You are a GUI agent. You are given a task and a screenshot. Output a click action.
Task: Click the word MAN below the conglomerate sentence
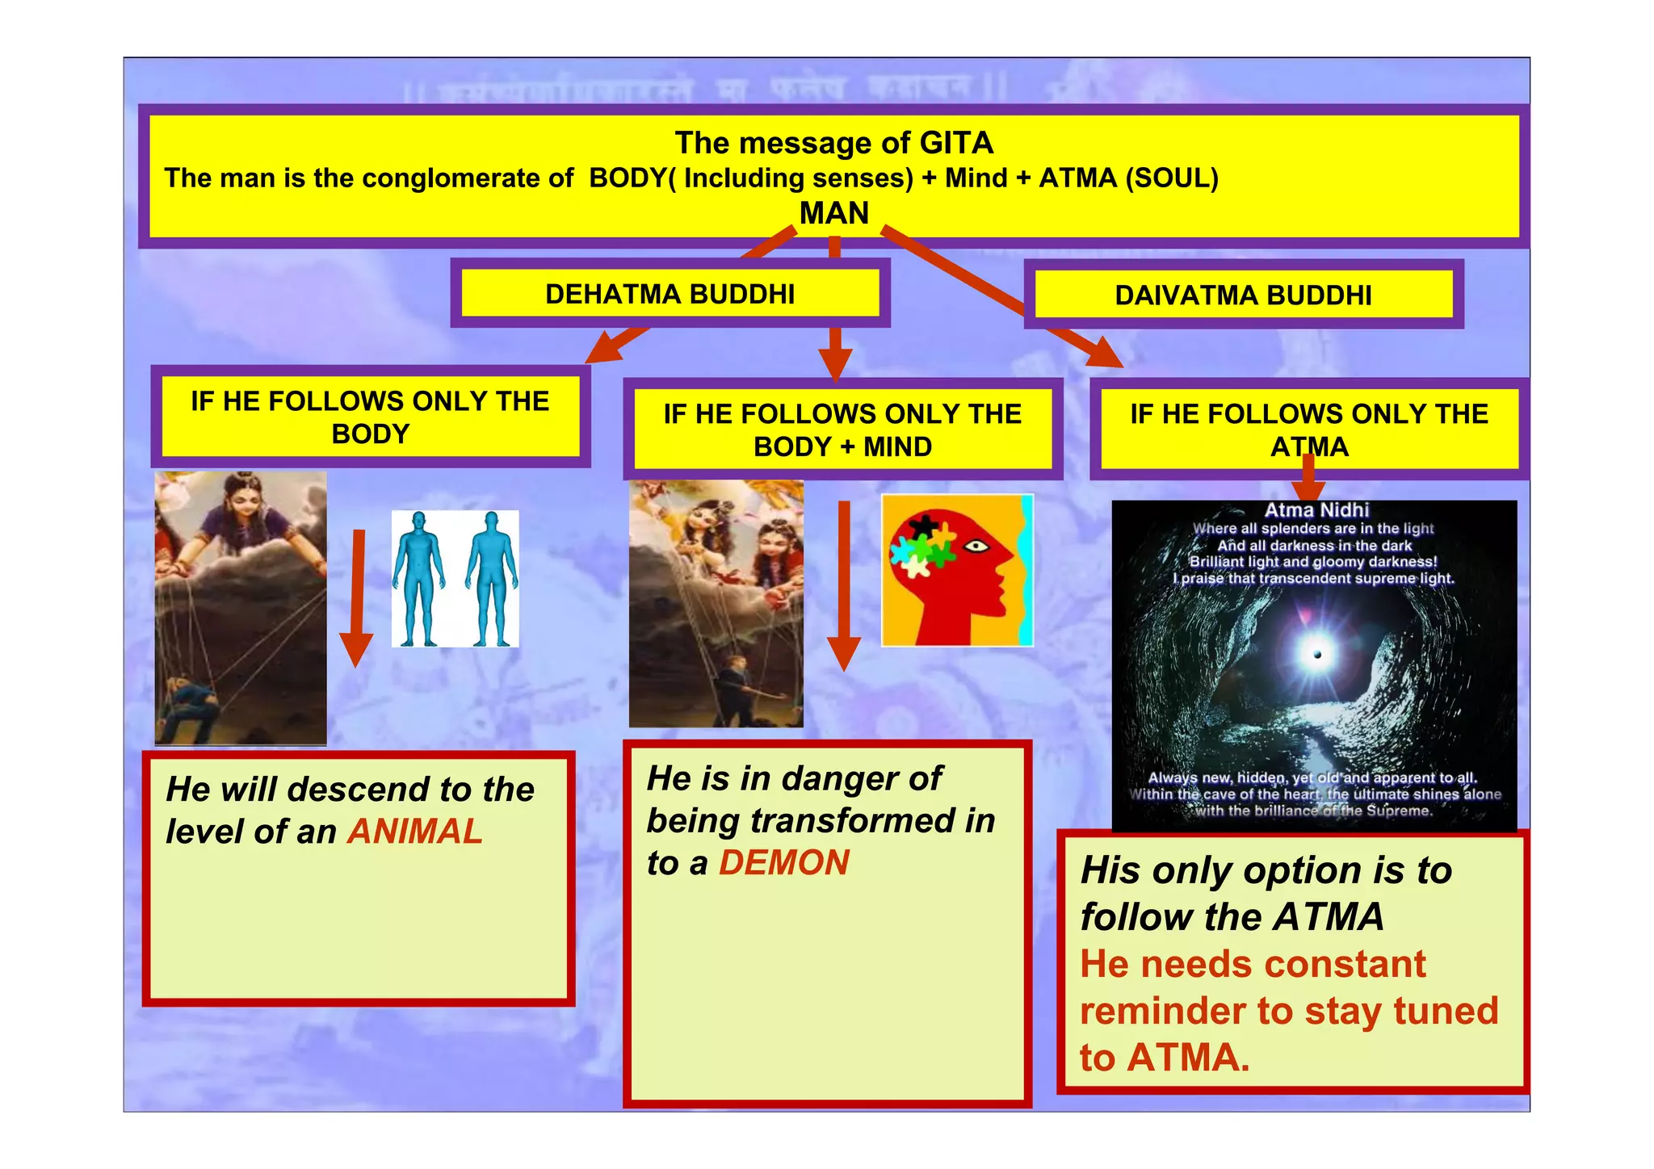click(x=833, y=213)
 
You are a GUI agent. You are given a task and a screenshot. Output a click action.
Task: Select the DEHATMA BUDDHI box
click(x=670, y=294)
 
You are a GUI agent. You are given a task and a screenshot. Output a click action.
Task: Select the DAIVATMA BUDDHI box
click(x=1243, y=295)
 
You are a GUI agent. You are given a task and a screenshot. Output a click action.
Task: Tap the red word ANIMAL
click(x=415, y=832)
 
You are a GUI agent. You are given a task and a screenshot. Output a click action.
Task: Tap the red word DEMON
click(x=783, y=863)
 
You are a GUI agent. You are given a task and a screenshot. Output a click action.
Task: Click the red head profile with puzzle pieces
click(x=957, y=570)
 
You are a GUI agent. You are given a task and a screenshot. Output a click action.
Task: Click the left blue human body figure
click(x=418, y=578)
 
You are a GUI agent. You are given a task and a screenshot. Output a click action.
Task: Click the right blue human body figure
click(x=490, y=578)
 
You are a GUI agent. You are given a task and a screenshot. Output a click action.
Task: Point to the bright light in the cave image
click(x=1316, y=653)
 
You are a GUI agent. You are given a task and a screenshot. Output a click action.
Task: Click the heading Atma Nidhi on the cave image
click(x=1316, y=509)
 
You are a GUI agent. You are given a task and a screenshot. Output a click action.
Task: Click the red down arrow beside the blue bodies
click(x=357, y=597)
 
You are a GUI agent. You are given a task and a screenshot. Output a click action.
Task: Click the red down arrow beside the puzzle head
click(x=844, y=585)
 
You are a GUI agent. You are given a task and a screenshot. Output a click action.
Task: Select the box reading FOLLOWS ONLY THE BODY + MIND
click(x=842, y=429)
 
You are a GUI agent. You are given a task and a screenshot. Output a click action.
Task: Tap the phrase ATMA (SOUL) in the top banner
click(x=1128, y=178)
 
